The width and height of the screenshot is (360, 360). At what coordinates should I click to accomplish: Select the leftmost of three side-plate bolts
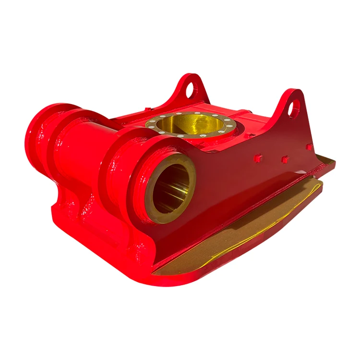pyautogui.click(x=258, y=157)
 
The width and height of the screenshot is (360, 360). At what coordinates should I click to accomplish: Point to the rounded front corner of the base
pyautogui.click(x=158, y=281)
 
